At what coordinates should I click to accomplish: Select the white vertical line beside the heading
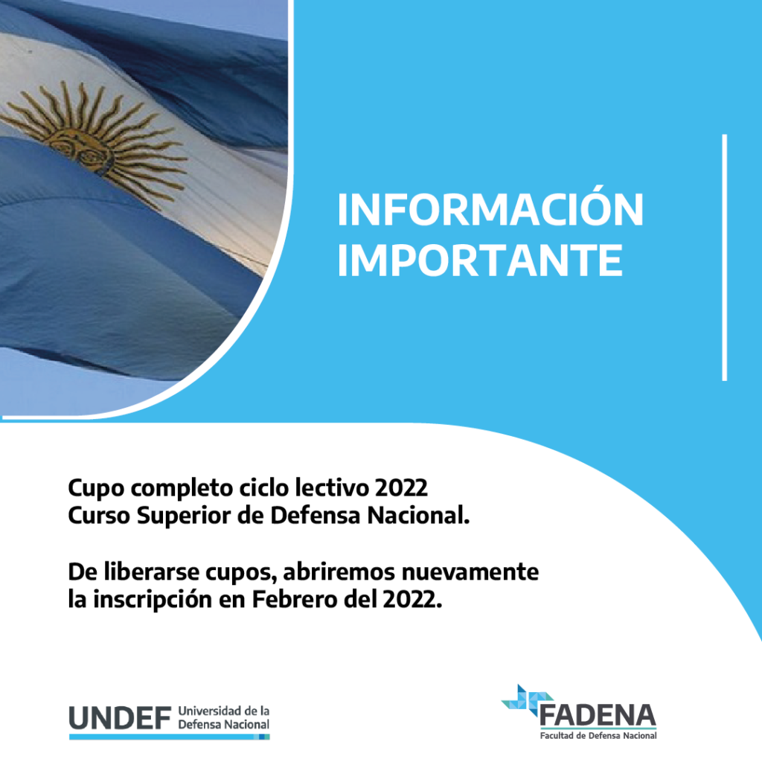tap(725, 257)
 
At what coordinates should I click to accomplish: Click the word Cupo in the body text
tap(96, 488)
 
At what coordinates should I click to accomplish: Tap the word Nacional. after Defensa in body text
tap(418, 516)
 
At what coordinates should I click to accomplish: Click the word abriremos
tap(339, 571)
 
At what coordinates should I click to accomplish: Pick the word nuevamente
tap(470, 572)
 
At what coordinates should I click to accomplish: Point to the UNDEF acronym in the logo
tap(120, 718)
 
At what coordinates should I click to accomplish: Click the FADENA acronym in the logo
tap(598, 715)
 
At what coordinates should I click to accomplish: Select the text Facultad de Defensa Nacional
tap(598, 736)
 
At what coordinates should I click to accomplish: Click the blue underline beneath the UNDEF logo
tap(169, 737)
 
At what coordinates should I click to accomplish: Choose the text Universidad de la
tap(223, 711)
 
